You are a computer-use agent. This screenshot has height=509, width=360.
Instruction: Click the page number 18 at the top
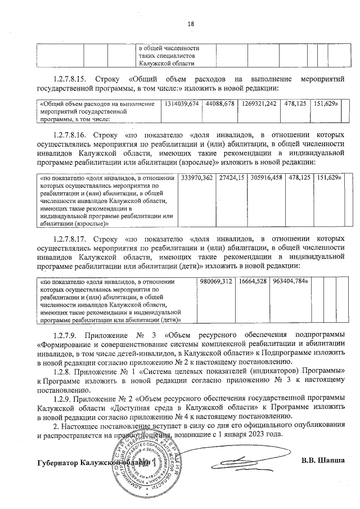tap(190, 24)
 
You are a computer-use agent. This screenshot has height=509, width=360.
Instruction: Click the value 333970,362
tap(197, 178)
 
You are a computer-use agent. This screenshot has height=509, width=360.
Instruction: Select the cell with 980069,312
tap(216, 281)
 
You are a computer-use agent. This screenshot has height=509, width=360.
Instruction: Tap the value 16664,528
tap(253, 281)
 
